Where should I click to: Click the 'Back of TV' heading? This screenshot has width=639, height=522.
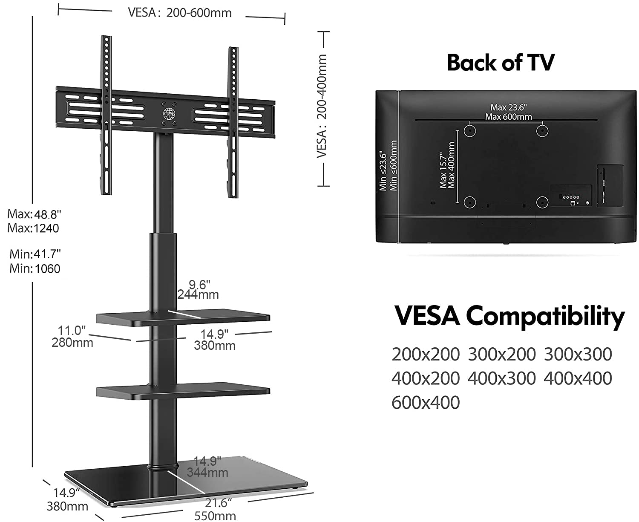(x=501, y=63)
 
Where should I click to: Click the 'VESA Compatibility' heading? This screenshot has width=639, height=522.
(x=509, y=317)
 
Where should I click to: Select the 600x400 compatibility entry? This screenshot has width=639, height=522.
(x=426, y=402)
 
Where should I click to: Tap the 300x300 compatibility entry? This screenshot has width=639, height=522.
(x=578, y=354)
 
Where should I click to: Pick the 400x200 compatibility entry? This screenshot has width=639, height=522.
(x=426, y=378)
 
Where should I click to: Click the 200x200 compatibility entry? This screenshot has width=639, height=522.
(x=426, y=354)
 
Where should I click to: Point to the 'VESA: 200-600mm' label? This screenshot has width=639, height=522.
(x=180, y=13)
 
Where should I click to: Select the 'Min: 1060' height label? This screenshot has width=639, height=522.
(x=35, y=268)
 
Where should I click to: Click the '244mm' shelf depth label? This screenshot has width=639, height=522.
(x=198, y=294)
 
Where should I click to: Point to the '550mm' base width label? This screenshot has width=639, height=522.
(x=215, y=516)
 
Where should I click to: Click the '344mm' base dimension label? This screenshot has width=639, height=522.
(x=207, y=472)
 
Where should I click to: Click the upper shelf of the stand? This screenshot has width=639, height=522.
(x=183, y=318)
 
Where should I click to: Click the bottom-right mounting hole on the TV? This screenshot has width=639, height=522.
(x=542, y=202)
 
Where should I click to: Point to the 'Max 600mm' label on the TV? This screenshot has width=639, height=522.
(x=508, y=117)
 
